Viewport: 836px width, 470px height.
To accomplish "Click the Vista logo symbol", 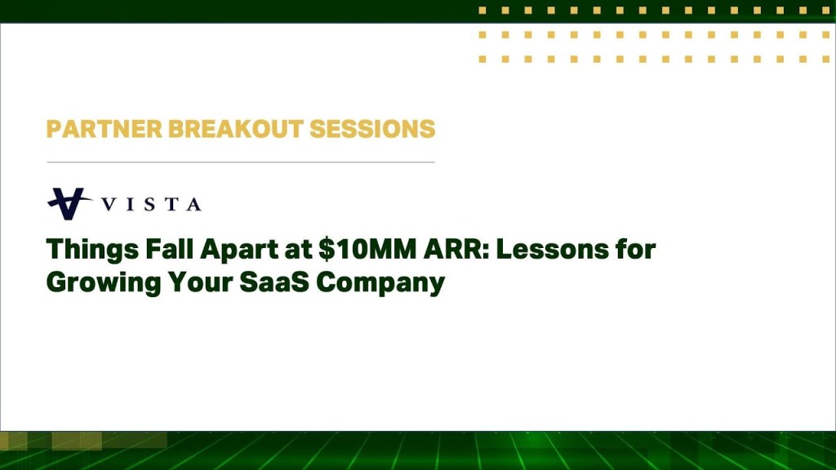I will pyautogui.click(x=69, y=203).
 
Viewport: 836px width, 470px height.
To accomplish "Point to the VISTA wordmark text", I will pyautogui.click(x=151, y=204).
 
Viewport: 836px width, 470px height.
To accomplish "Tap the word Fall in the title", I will pyautogui.click(x=153, y=249).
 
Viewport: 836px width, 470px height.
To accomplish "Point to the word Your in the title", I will pyautogui.click(x=199, y=282).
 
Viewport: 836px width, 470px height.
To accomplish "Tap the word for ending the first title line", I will pyautogui.click(x=637, y=249).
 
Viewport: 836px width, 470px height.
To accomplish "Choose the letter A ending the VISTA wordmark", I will pyautogui.click(x=193, y=204).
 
